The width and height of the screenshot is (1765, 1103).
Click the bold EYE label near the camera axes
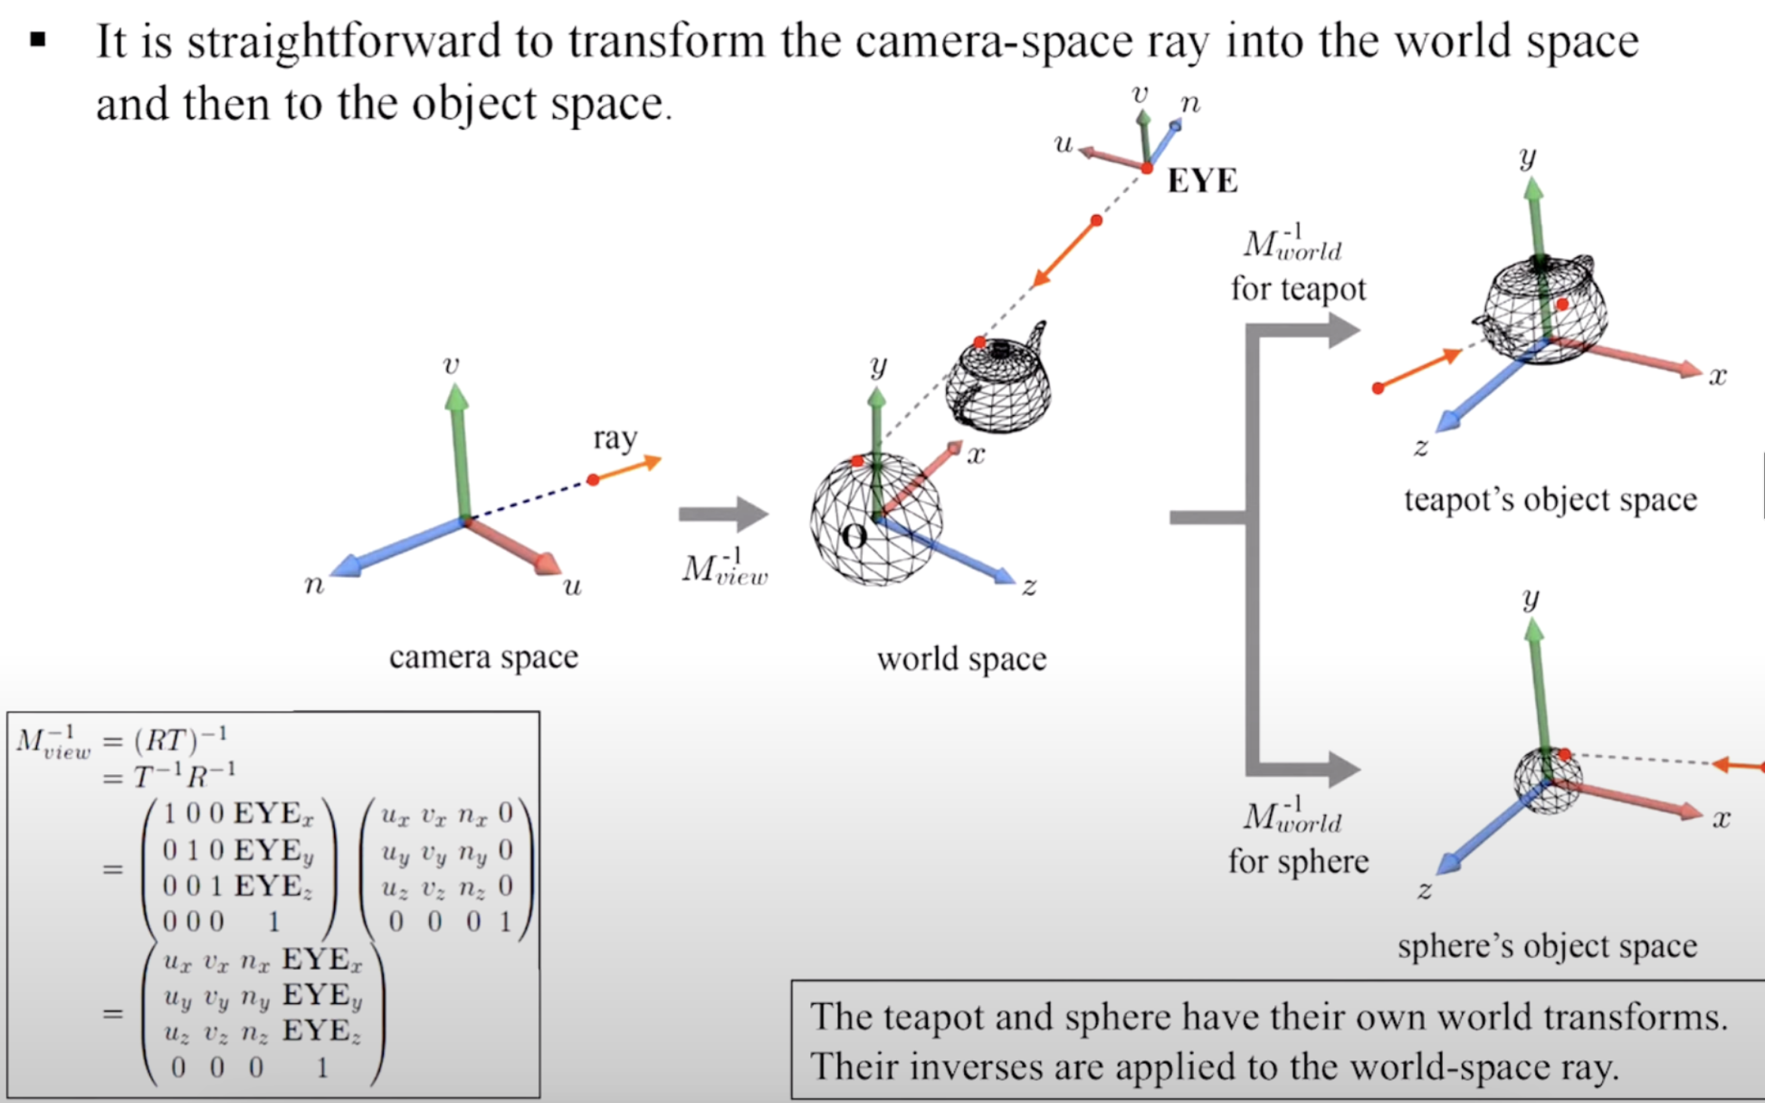[x=1202, y=181]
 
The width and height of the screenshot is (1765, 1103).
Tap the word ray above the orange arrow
[x=615, y=438]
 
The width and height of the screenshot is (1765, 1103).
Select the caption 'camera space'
[x=483, y=657]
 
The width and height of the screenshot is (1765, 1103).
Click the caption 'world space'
[x=962, y=659]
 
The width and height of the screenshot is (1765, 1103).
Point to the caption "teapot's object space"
[x=1550, y=499]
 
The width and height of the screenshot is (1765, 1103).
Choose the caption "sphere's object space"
[x=1547, y=946]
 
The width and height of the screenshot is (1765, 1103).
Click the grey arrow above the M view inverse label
[x=723, y=514]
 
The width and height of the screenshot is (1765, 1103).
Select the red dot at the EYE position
[x=1146, y=168]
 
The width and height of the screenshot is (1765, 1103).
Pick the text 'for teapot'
[x=1298, y=289]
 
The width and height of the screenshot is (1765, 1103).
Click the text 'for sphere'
[x=1298, y=862]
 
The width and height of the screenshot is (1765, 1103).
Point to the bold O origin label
[x=854, y=537]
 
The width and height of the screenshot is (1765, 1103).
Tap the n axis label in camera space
[x=314, y=585]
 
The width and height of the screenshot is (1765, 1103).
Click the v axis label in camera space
[x=450, y=366]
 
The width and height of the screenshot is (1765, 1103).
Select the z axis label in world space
[x=1029, y=585]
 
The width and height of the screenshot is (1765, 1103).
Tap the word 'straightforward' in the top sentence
[x=344, y=41]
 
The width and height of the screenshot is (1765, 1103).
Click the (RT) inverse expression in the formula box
[x=180, y=739]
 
